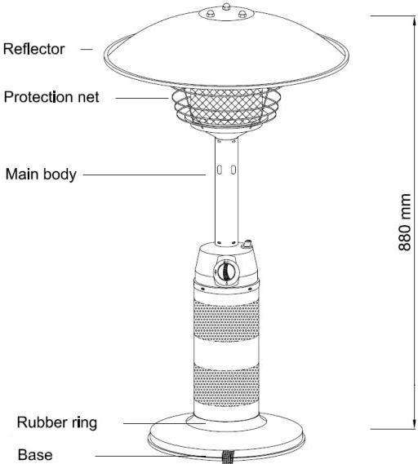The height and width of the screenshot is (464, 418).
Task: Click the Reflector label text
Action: coord(33,49)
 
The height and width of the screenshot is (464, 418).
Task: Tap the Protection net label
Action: coord(51,97)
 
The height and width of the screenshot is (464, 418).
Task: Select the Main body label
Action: coord(41,175)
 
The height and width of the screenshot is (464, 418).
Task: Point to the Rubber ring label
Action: coord(57,422)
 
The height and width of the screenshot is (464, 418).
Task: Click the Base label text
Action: coord(35,454)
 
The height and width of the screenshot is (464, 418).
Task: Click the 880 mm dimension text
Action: coord(404,223)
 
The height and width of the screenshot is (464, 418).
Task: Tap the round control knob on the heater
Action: coord(226,272)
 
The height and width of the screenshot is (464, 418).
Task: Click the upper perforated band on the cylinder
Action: coord(226,320)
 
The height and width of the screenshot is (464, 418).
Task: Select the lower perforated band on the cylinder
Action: coord(226,386)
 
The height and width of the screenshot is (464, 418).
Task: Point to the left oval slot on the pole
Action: coord(220,170)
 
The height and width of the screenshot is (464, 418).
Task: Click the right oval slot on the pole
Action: coord(233,170)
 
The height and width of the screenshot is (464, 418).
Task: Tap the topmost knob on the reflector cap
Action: coord(226,7)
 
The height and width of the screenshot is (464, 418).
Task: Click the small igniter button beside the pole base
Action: coord(247,244)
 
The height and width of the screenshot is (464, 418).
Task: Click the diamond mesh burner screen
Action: coord(226,106)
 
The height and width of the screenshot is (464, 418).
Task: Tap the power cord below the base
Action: coord(228,457)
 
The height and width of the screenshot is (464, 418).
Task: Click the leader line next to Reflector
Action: coord(87,49)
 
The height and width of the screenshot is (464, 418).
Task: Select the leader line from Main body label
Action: coord(145,175)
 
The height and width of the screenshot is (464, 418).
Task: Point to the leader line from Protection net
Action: coord(142,98)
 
